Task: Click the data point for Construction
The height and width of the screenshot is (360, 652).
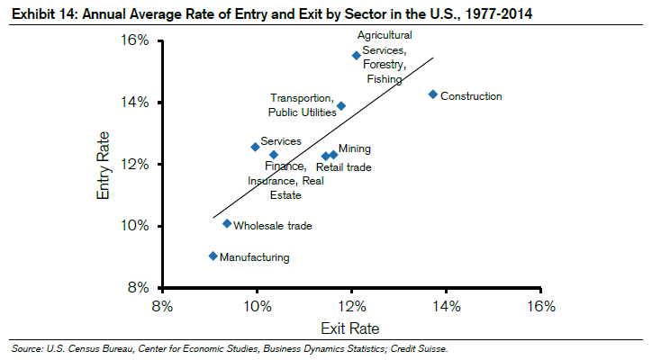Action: click(433, 94)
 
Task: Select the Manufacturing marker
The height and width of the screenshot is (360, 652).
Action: click(213, 256)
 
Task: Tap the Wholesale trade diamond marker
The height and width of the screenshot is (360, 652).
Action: click(227, 223)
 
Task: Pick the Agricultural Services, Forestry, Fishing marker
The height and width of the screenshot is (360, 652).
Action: click(357, 55)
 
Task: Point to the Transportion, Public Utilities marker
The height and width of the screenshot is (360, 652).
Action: click(341, 105)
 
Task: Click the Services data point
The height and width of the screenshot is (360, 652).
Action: click(255, 147)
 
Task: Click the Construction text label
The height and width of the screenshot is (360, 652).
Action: click(471, 96)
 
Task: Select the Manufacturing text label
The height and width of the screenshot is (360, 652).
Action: click(255, 258)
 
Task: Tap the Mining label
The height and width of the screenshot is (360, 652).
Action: click(354, 149)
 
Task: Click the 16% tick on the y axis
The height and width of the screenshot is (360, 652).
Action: click(135, 40)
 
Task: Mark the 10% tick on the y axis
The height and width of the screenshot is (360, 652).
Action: click(135, 226)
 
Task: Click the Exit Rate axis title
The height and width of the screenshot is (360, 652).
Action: click(351, 327)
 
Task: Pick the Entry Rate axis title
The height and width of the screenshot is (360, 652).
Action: click(104, 164)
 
